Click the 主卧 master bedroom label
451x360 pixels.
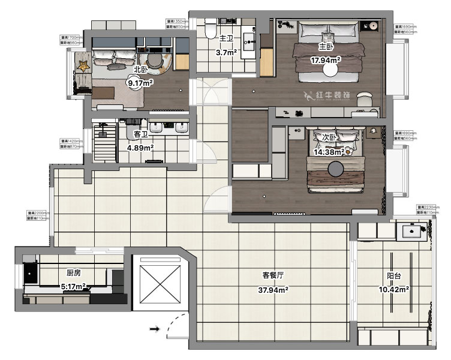(x=326, y=47)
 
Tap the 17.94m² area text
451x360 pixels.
(x=326, y=60)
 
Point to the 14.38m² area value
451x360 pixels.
(x=327, y=152)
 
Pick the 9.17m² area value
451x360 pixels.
(x=139, y=83)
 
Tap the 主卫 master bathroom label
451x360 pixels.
(x=226, y=38)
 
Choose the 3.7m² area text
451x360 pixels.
(x=226, y=53)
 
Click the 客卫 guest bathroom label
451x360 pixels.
(x=140, y=134)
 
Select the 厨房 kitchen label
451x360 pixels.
(x=74, y=273)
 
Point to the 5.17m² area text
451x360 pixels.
(x=73, y=287)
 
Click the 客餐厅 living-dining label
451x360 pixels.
(x=273, y=275)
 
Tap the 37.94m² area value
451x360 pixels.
(x=273, y=290)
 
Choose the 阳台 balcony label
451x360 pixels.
(x=394, y=277)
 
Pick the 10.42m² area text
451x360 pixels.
(x=394, y=290)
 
